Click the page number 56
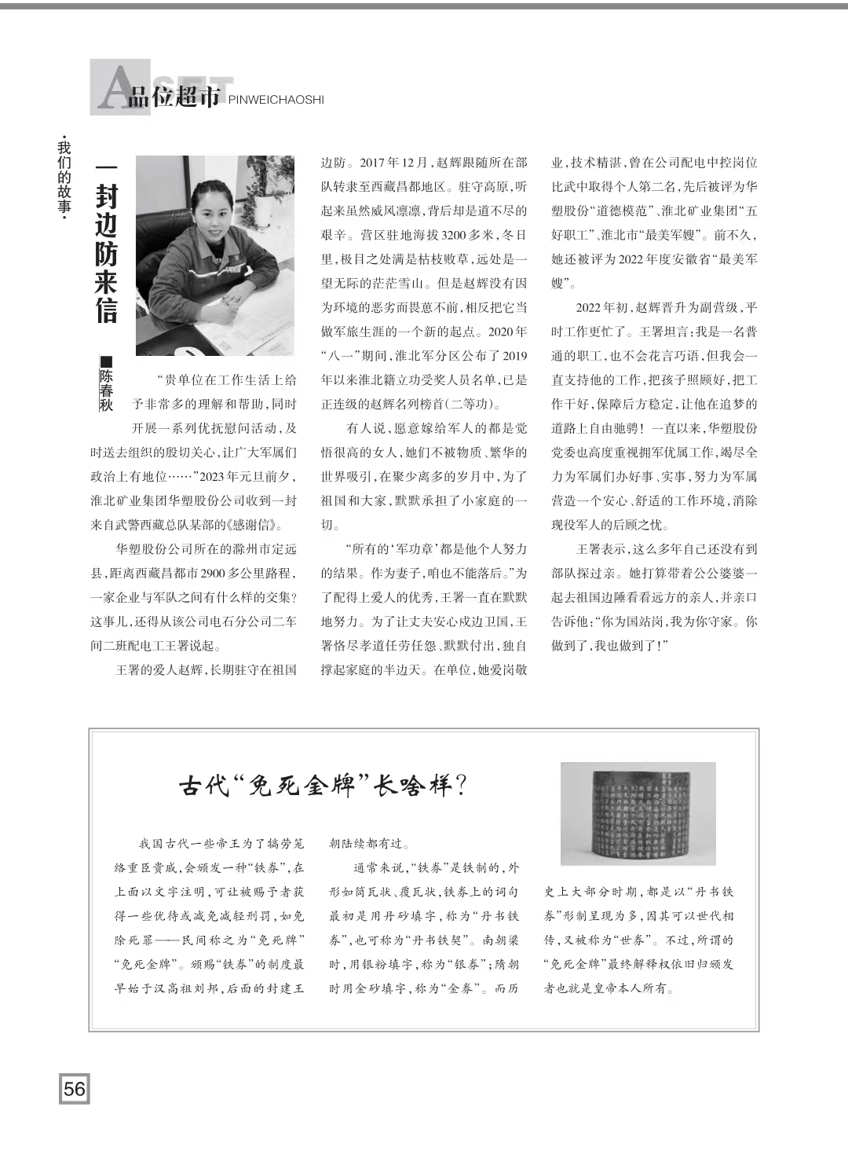74,1088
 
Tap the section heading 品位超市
174,99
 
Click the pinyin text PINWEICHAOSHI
276,100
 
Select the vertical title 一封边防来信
106,244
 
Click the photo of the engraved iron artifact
638,813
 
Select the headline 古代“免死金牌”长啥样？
323,785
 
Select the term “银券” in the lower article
464,964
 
